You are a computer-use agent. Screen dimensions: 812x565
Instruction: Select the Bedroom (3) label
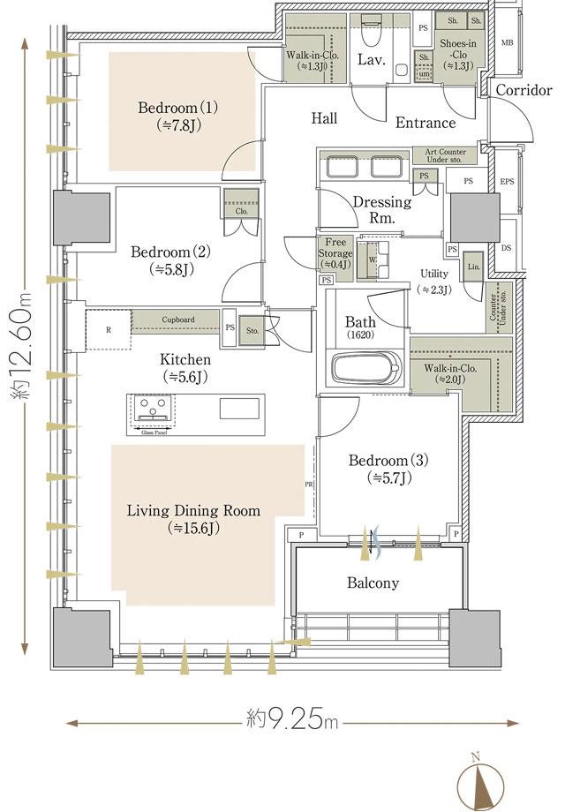click(x=388, y=469)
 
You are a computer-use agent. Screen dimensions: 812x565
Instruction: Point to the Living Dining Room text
click(x=193, y=519)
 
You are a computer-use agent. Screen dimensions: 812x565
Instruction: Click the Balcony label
click(x=373, y=583)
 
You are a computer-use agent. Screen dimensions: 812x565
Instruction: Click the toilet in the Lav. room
click(x=371, y=33)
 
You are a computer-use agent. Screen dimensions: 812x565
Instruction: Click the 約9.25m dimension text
click(x=290, y=721)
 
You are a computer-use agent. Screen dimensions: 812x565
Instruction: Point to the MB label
click(x=507, y=41)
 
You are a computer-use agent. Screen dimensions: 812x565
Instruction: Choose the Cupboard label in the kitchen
click(x=177, y=319)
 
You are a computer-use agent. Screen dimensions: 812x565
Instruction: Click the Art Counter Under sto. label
click(x=445, y=156)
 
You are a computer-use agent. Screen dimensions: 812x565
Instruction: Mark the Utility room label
click(x=433, y=281)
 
